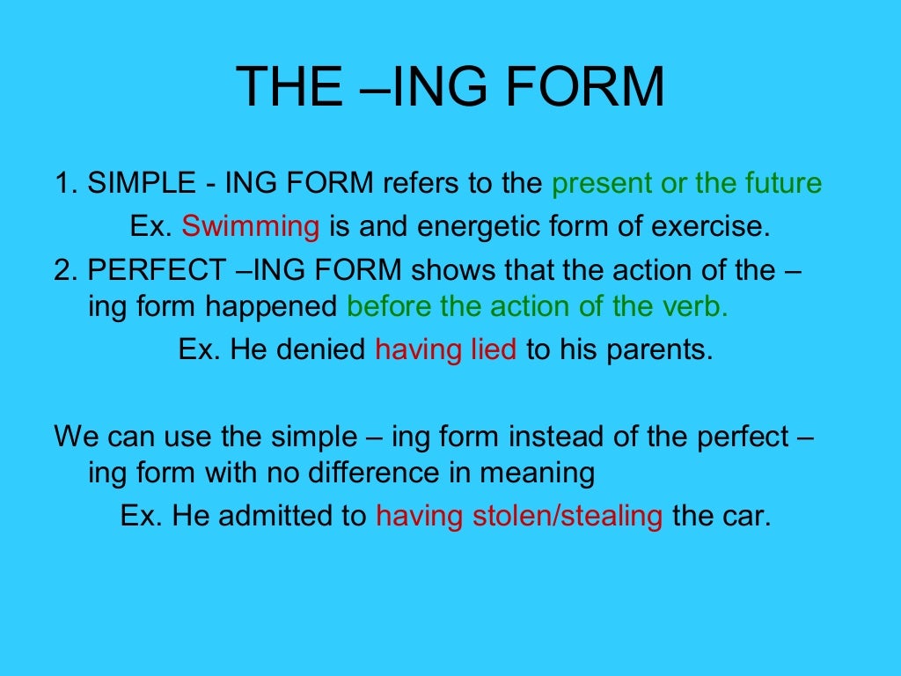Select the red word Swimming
point(251,227)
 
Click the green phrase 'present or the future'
point(686,184)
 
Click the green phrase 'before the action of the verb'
point(538,306)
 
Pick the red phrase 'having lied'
point(446,349)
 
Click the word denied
point(319,349)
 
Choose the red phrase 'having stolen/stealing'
point(519,516)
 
